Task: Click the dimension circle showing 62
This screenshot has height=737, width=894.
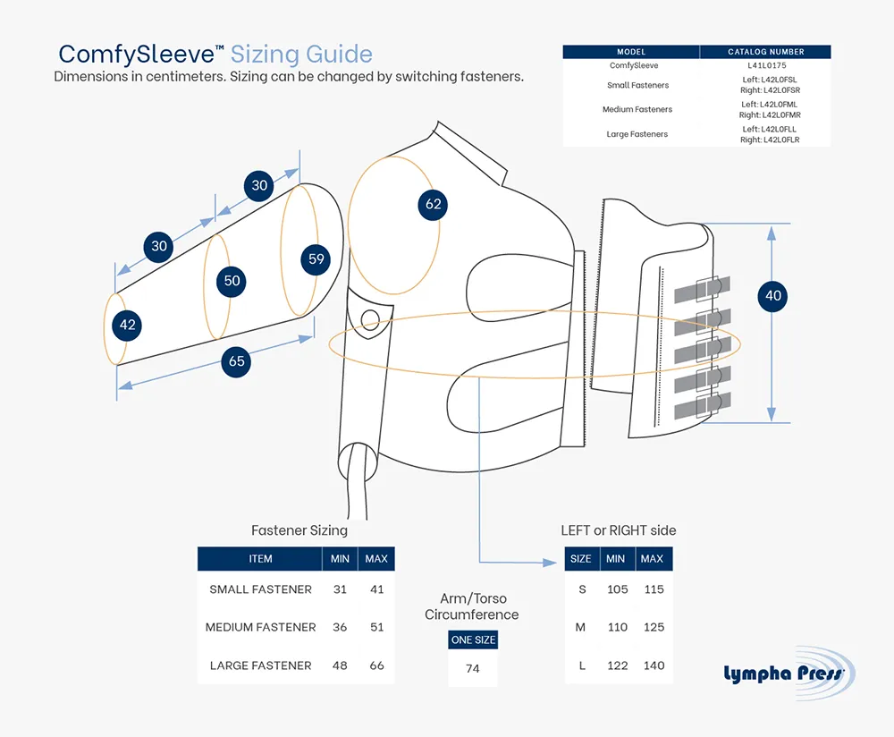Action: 433,204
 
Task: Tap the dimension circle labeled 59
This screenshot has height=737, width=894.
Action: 316,259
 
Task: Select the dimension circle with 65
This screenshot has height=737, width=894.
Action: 237,361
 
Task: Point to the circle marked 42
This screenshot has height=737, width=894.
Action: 127,326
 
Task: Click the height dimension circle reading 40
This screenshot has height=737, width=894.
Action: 772,295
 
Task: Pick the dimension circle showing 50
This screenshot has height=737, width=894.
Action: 232,281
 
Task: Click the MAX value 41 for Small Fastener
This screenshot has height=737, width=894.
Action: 377,589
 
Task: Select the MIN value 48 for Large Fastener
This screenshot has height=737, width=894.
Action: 340,665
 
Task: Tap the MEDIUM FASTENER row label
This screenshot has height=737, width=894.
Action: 260,627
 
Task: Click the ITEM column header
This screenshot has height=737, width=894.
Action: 260,559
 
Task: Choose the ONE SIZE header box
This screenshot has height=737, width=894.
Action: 473,640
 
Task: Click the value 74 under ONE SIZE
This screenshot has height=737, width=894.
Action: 473,668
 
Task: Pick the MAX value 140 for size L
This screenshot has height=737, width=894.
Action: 654,665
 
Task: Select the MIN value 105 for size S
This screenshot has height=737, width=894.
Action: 618,589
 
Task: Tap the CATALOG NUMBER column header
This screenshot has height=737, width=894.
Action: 766,52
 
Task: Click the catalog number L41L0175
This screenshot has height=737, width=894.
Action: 767,65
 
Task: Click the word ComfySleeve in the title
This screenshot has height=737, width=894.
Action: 136,55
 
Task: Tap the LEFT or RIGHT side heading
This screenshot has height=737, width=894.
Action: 619,530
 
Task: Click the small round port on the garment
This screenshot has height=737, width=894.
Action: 371,320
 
